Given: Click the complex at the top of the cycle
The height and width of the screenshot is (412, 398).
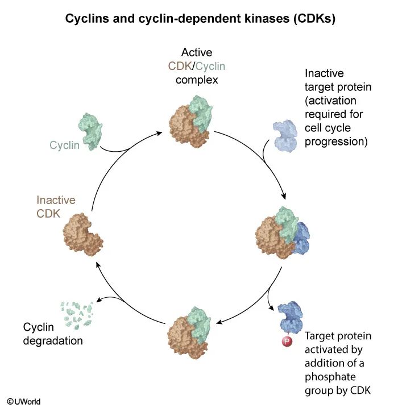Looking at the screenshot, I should coord(190,122).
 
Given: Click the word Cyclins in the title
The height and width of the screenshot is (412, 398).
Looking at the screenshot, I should coord(84,19).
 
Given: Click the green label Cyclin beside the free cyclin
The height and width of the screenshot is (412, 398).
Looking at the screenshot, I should coord(64,145).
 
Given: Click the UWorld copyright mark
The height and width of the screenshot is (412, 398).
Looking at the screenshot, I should coord(23,402).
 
